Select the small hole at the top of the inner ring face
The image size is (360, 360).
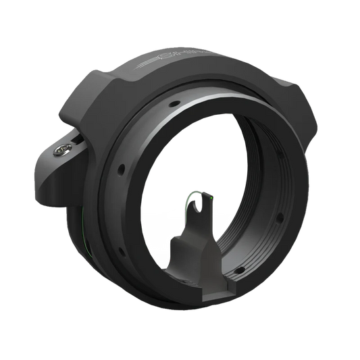click(x=175, y=103)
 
